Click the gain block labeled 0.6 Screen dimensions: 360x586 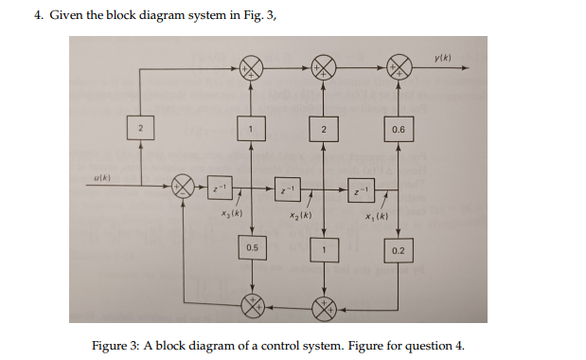tap(399, 129)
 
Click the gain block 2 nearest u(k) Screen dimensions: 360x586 tap(139, 128)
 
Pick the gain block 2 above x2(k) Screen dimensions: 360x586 tap(324, 129)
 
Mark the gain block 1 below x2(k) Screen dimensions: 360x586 tap(324, 249)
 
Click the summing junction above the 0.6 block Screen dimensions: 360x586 tap(399, 67)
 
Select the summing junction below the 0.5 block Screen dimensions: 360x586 tap(251, 306)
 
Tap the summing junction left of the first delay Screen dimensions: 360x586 tap(182, 187)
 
